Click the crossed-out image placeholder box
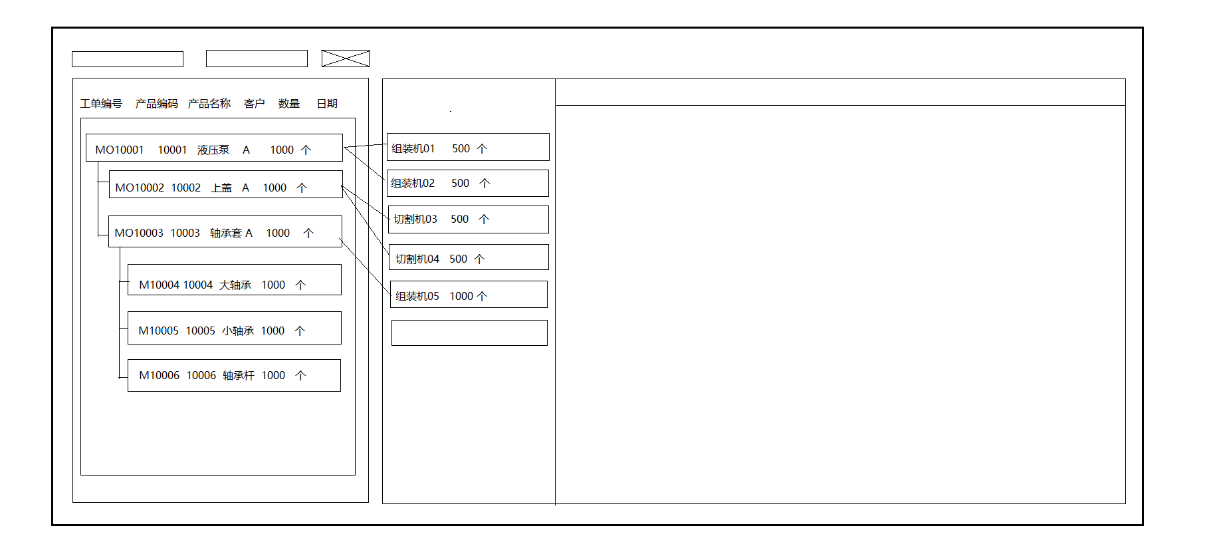pyautogui.click(x=345, y=59)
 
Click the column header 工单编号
pyautogui.click(x=101, y=104)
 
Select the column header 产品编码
pyautogui.click(x=156, y=104)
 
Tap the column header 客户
pyautogui.click(x=254, y=104)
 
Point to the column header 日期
pyautogui.click(x=327, y=104)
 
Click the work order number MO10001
pyautogui.click(x=120, y=150)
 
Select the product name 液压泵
pyautogui.click(x=213, y=150)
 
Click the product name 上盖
pyautogui.click(x=221, y=188)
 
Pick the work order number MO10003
pyautogui.click(x=138, y=233)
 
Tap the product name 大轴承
pyautogui.click(x=235, y=285)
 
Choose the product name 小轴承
pyautogui.click(x=238, y=331)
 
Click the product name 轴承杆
pyautogui.click(x=239, y=376)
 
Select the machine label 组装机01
pyautogui.click(x=413, y=149)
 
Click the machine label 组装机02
pyautogui.click(x=413, y=184)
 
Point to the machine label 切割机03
pyautogui.click(x=415, y=219)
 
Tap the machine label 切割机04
pyautogui.click(x=417, y=259)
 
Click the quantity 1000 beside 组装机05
pyautogui.click(x=461, y=297)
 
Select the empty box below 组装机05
pyautogui.click(x=469, y=333)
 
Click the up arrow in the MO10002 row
pyautogui.click(x=302, y=188)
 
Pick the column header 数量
pyautogui.click(x=289, y=104)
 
